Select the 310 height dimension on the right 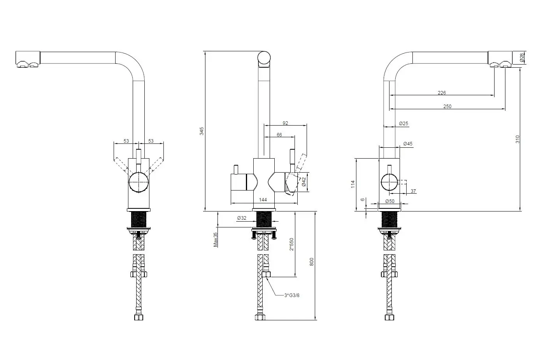[x=517, y=139]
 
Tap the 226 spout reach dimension [x=442, y=93]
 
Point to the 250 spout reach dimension [x=447, y=107]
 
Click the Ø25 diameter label [x=403, y=124]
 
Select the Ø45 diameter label [x=408, y=144]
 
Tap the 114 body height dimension [x=353, y=184]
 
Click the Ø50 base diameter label [x=389, y=201]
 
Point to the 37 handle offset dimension [x=413, y=191]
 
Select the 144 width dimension [x=263, y=200]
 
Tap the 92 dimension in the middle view [x=285, y=123]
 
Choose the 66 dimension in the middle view [x=279, y=135]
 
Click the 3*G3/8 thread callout [x=292, y=295]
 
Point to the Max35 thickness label [x=215, y=239]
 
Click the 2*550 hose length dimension [x=291, y=244]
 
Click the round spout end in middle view [x=264, y=58]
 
